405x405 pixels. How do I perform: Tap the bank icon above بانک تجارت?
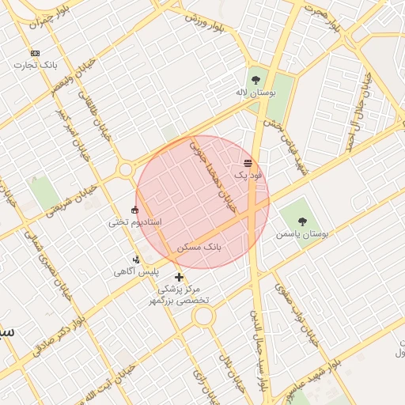[34, 53]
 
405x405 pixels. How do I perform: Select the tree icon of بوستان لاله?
[255, 80]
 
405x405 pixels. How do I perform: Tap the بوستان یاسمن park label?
[301, 235]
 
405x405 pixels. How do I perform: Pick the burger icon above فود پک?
[248, 162]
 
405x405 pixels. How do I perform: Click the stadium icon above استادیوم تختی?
[134, 210]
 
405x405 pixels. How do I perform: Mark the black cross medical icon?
[180, 277]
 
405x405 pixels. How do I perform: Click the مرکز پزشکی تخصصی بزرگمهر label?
[183, 295]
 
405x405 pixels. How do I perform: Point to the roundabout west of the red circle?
[125, 169]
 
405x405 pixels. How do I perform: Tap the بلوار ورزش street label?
[205, 23]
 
